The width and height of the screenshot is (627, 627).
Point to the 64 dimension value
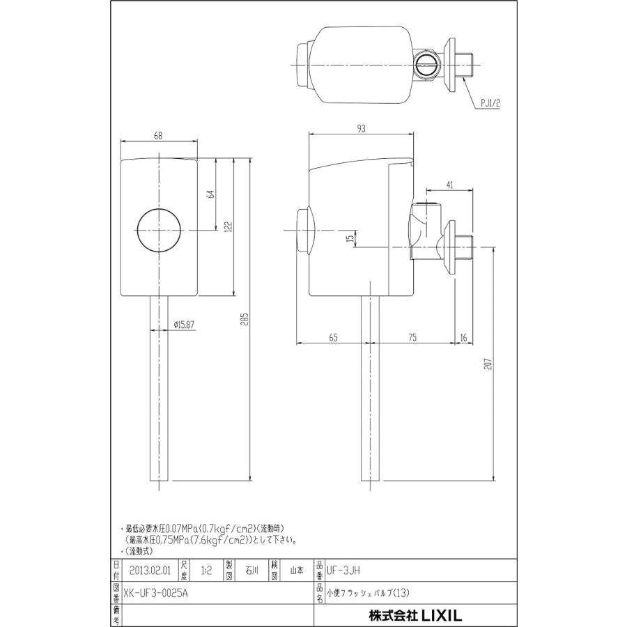coord(210,194)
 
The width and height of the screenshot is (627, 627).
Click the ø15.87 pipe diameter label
coord(183,325)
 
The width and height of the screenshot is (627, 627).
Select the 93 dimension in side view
coord(361,129)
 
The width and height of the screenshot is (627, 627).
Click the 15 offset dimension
coord(350,239)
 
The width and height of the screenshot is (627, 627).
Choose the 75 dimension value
coord(412,338)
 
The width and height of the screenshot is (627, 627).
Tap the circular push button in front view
coord(160,230)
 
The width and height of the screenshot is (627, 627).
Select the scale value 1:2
coord(206,569)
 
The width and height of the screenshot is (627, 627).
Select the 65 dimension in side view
coord(333,338)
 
